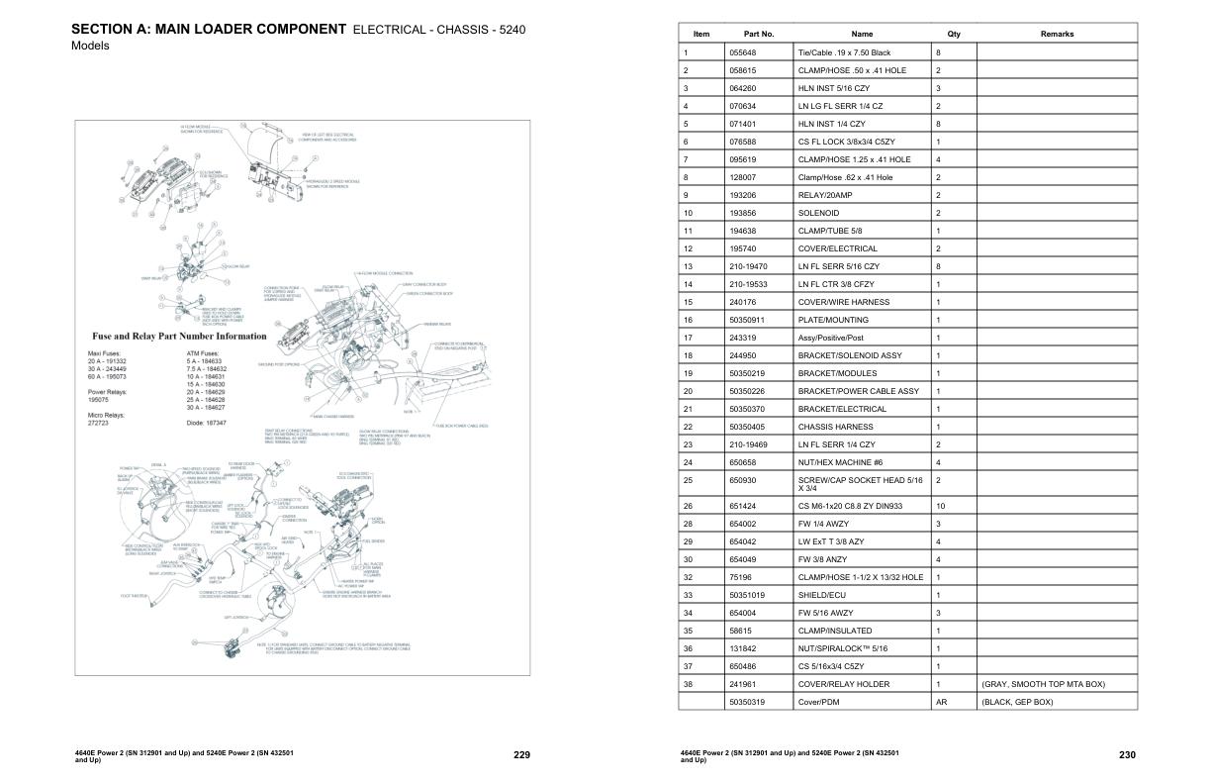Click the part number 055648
(x=743, y=52)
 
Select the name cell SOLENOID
(x=818, y=213)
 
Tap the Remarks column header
(x=1057, y=34)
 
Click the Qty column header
(x=953, y=34)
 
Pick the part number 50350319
(x=748, y=702)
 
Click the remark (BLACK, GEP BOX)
(x=1017, y=702)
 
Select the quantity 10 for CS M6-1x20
(x=941, y=506)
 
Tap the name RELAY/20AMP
(x=824, y=195)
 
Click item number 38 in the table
(x=687, y=684)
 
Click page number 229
(x=522, y=755)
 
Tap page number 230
(x=1127, y=755)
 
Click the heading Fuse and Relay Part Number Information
(x=179, y=336)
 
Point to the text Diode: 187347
(x=206, y=423)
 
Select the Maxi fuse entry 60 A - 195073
(x=109, y=377)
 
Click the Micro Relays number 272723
(x=101, y=423)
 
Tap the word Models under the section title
(x=90, y=47)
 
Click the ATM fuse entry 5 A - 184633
(x=206, y=362)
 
